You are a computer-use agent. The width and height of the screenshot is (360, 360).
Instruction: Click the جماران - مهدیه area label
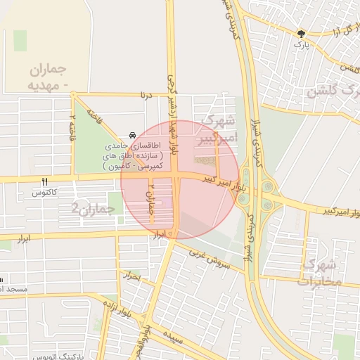point(48,77)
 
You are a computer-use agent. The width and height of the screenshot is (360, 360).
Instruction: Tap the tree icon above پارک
point(302,34)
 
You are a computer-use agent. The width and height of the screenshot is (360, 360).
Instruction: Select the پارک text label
point(301,45)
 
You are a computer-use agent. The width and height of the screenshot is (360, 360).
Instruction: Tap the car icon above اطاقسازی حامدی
point(132,134)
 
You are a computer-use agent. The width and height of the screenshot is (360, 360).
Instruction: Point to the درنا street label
point(146,94)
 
